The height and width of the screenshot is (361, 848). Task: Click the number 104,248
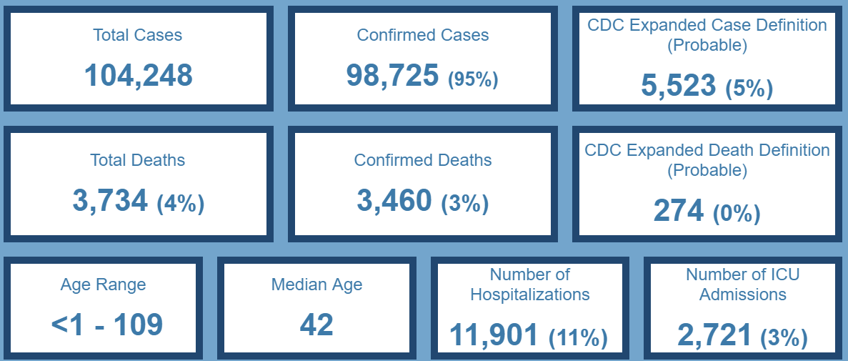(138, 75)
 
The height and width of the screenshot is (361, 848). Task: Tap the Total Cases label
(137, 34)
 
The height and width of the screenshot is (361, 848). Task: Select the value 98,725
(392, 75)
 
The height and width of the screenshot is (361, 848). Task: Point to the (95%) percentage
(473, 79)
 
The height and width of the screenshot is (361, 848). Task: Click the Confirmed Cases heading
(423, 34)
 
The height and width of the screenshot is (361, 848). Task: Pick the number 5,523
(678, 86)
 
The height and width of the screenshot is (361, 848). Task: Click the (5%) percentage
(749, 89)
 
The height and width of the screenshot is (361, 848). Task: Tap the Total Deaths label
(137, 160)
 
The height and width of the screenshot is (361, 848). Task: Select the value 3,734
(110, 201)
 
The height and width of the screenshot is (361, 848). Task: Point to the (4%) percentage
(181, 204)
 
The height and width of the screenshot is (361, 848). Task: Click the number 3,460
(394, 201)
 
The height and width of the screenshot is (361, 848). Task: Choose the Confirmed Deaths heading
(423, 160)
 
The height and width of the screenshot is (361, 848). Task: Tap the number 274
(679, 211)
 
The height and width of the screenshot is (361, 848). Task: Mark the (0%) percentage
(737, 214)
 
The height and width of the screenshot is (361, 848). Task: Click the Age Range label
(103, 285)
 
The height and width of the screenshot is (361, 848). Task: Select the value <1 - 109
(107, 325)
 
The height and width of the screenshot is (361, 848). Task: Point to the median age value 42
(316, 325)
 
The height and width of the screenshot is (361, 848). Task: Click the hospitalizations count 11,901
(494, 335)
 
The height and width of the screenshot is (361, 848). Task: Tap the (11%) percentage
(578, 338)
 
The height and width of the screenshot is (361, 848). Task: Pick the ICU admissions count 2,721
(714, 335)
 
